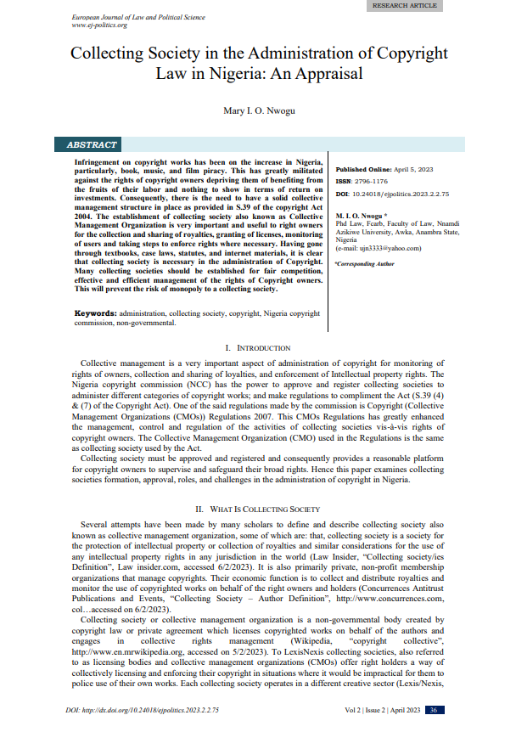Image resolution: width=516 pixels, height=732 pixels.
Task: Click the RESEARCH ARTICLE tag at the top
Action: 406,5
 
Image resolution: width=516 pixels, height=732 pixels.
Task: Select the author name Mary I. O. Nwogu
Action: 257,111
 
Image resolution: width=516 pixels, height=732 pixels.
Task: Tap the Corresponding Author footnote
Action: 365,264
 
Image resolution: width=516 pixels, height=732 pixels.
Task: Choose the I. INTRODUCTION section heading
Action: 257,349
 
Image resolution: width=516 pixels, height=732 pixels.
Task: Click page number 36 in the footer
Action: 433,710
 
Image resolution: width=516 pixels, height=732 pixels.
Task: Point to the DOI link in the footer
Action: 142,710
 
